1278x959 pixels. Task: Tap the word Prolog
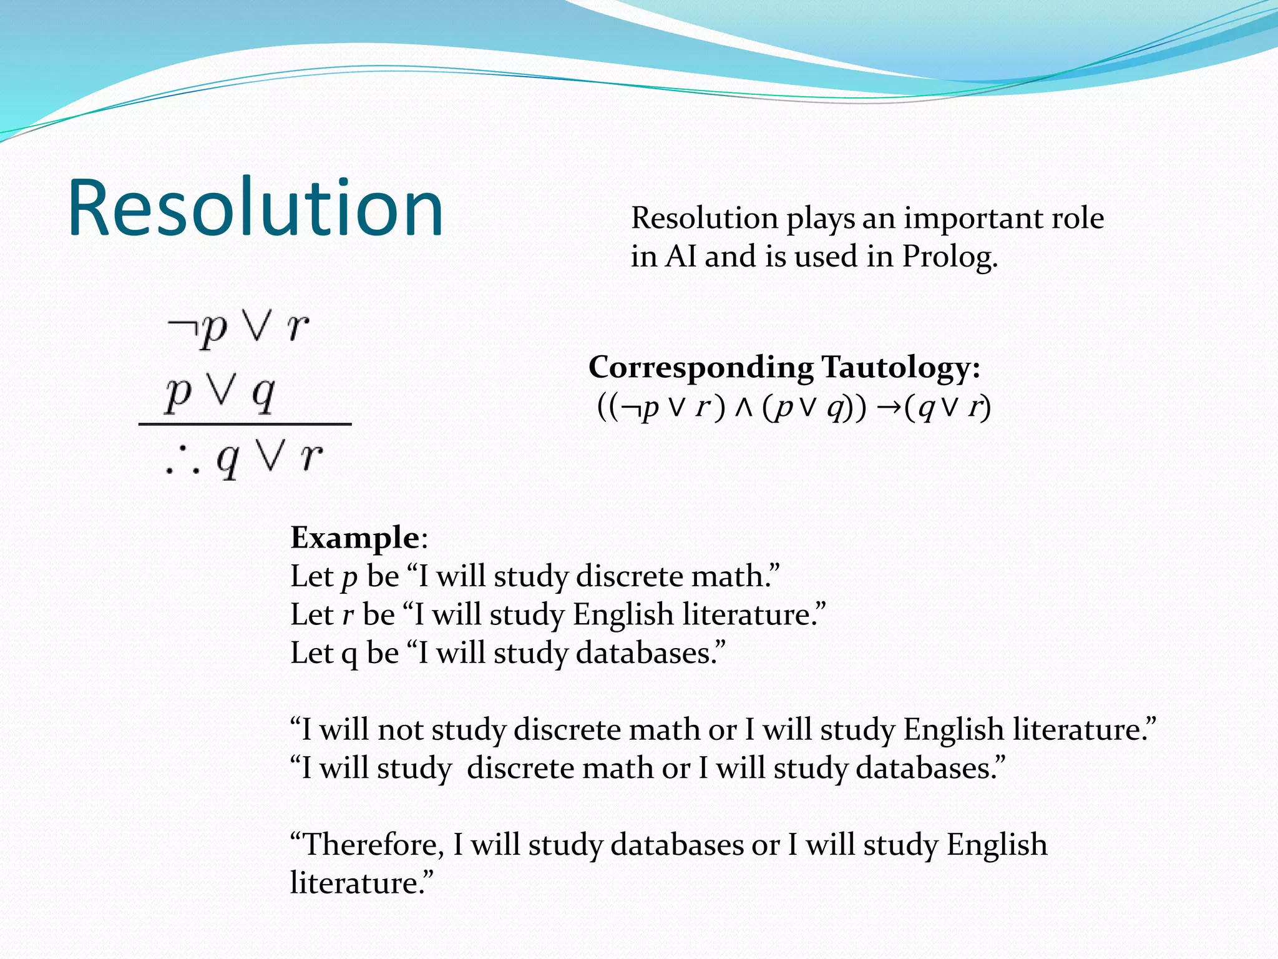[949, 257]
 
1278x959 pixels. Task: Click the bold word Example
[354, 538]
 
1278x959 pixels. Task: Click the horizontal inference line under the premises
[245, 425]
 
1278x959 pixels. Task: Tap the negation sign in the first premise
[181, 326]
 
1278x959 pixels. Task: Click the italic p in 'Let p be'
[349, 578]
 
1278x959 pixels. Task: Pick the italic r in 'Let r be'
[348, 616]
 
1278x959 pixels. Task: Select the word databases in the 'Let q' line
[649, 654]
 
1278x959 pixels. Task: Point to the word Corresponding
[700, 367]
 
